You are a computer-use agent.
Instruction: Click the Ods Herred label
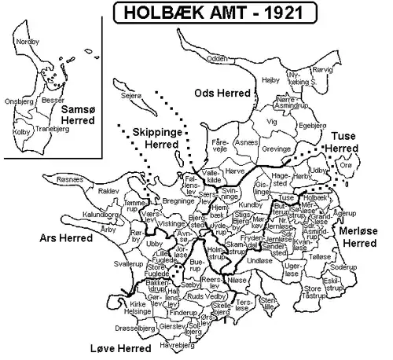222,94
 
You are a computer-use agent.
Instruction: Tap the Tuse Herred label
351,141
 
